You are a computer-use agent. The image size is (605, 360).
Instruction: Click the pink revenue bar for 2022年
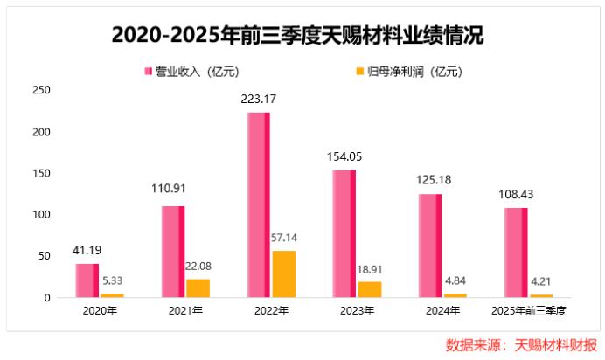259,205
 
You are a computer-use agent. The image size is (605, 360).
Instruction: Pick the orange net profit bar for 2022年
284,274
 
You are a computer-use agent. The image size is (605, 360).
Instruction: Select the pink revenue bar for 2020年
87,280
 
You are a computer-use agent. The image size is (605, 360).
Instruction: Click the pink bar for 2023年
344,233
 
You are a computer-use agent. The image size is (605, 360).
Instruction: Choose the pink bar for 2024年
430,246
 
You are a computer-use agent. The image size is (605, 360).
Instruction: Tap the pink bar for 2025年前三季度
516,253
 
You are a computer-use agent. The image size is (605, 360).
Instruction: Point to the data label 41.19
87,251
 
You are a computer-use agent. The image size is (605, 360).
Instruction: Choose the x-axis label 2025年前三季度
529,312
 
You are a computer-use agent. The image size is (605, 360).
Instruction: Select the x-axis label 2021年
185,312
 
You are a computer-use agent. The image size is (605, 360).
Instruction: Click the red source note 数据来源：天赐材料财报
521,343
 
